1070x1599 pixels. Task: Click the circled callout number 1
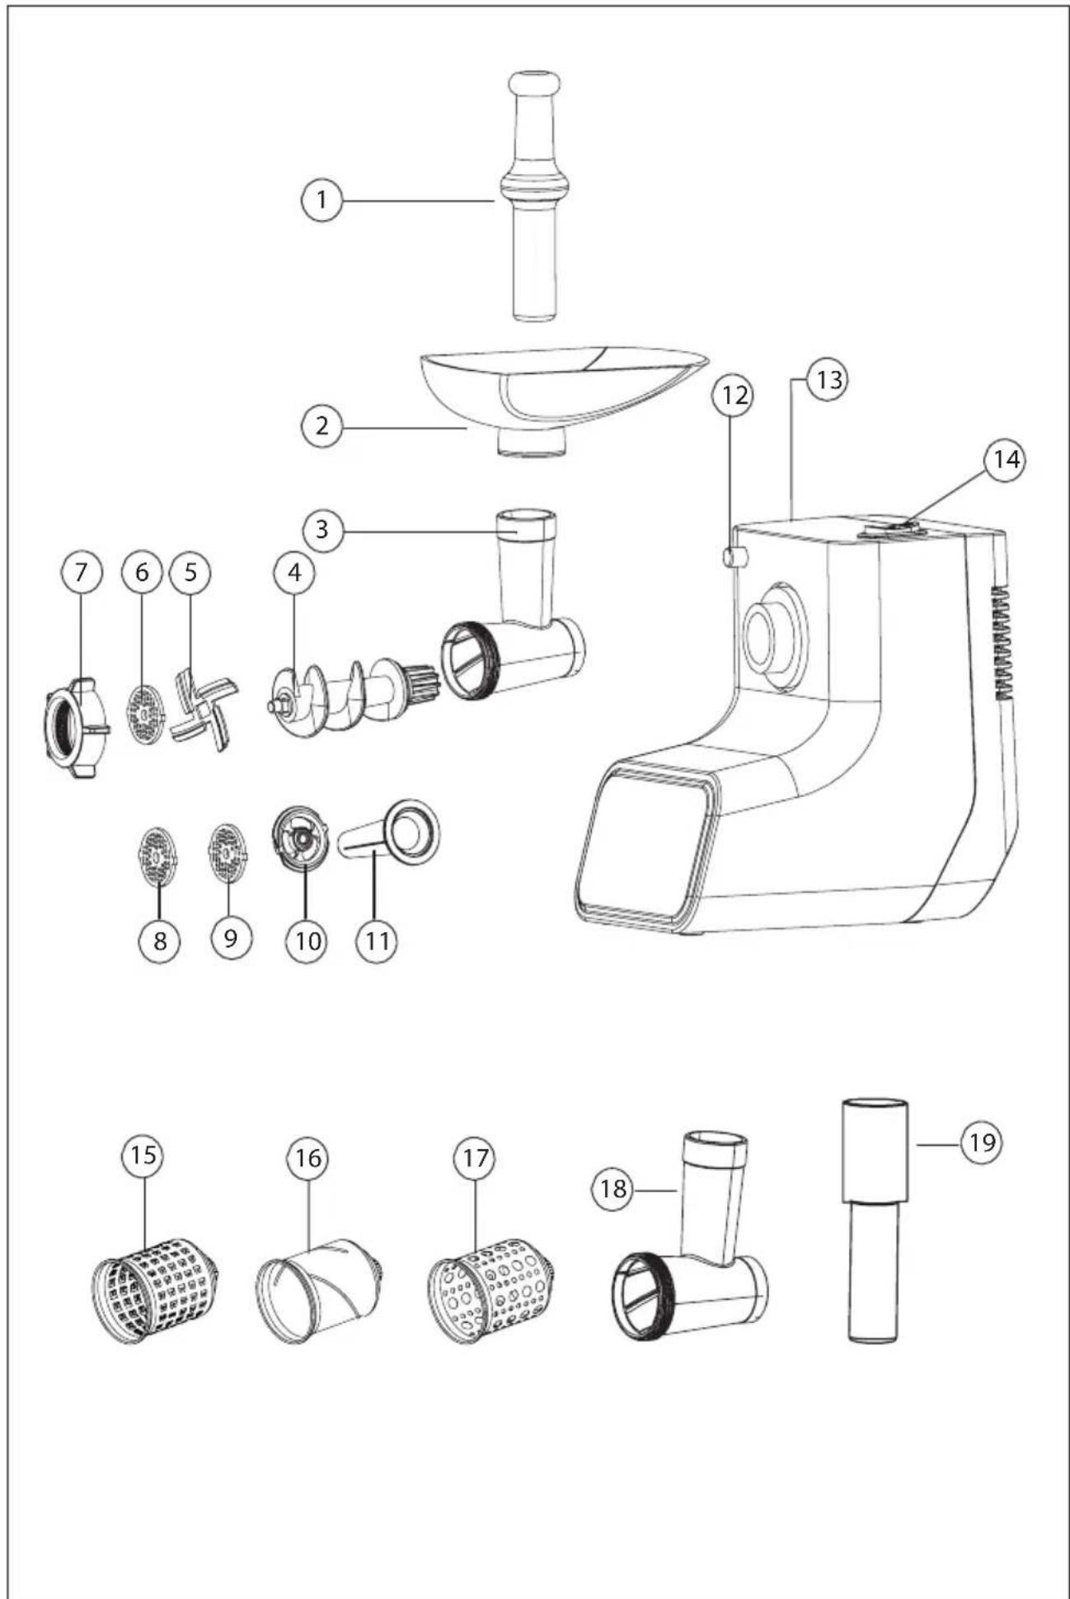pos(321,199)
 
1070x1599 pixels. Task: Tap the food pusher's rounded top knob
pos(534,83)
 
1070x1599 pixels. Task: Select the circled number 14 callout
pos(1004,459)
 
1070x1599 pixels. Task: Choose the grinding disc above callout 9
pos(226,852)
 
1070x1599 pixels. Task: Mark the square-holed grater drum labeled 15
pos(155,1290)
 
